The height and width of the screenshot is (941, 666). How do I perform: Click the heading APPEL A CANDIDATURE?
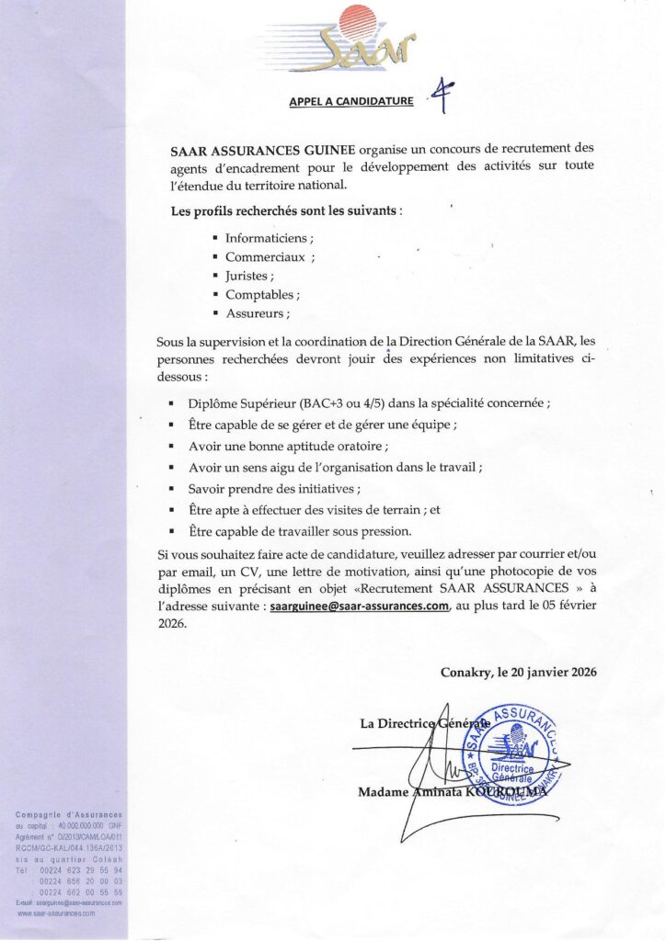351,100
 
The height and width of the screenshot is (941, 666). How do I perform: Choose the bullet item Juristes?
249,276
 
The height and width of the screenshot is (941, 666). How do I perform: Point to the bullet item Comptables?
261,295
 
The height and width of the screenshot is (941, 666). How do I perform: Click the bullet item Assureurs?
257,313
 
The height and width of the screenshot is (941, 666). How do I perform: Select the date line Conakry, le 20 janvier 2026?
519,672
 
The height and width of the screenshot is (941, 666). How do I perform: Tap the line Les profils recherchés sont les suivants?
287,210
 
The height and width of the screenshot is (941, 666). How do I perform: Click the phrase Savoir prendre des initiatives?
274,488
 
